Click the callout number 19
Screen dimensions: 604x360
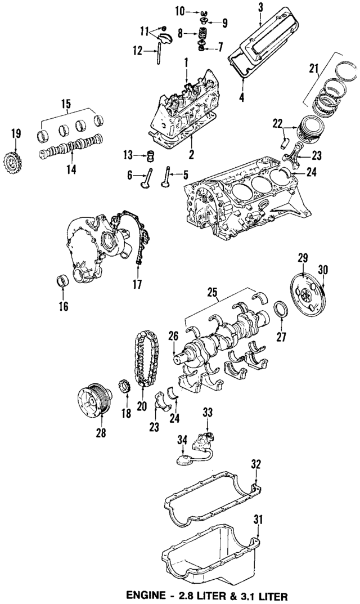[x=15, y=133]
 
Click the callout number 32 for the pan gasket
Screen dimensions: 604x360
[x=256, y=465]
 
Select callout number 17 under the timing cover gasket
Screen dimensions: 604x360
[x=137, y=285]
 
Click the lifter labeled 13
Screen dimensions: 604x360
[x=150, y=154]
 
